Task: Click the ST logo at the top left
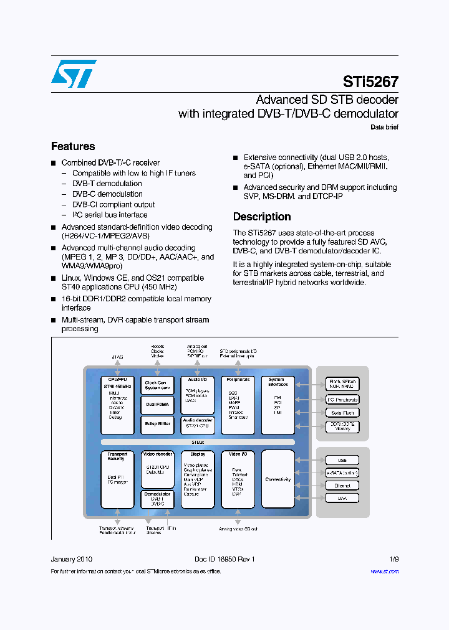coord(74,73)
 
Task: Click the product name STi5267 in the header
coord(370,82)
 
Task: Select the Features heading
coord(73,146)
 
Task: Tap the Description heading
coord(262,217)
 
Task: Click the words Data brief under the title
coord(384,127)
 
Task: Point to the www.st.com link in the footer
coord(384,571)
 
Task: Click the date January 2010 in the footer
coord(71,559)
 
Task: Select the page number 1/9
coord(393,559)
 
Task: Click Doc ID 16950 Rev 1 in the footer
coord(224,559)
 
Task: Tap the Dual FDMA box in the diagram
coord(158,404)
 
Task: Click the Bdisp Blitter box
coord(158,423)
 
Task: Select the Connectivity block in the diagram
coord(278,479)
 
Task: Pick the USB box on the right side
coord(342,460)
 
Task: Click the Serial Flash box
coord(342,413)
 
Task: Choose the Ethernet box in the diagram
coord(342,486)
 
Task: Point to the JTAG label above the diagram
coord(117,357)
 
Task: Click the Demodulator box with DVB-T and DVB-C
coord(158,499)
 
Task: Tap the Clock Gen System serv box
coord(158,385)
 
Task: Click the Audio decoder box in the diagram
coord(198,423)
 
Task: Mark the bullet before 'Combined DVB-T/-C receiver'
coord(54,163)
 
